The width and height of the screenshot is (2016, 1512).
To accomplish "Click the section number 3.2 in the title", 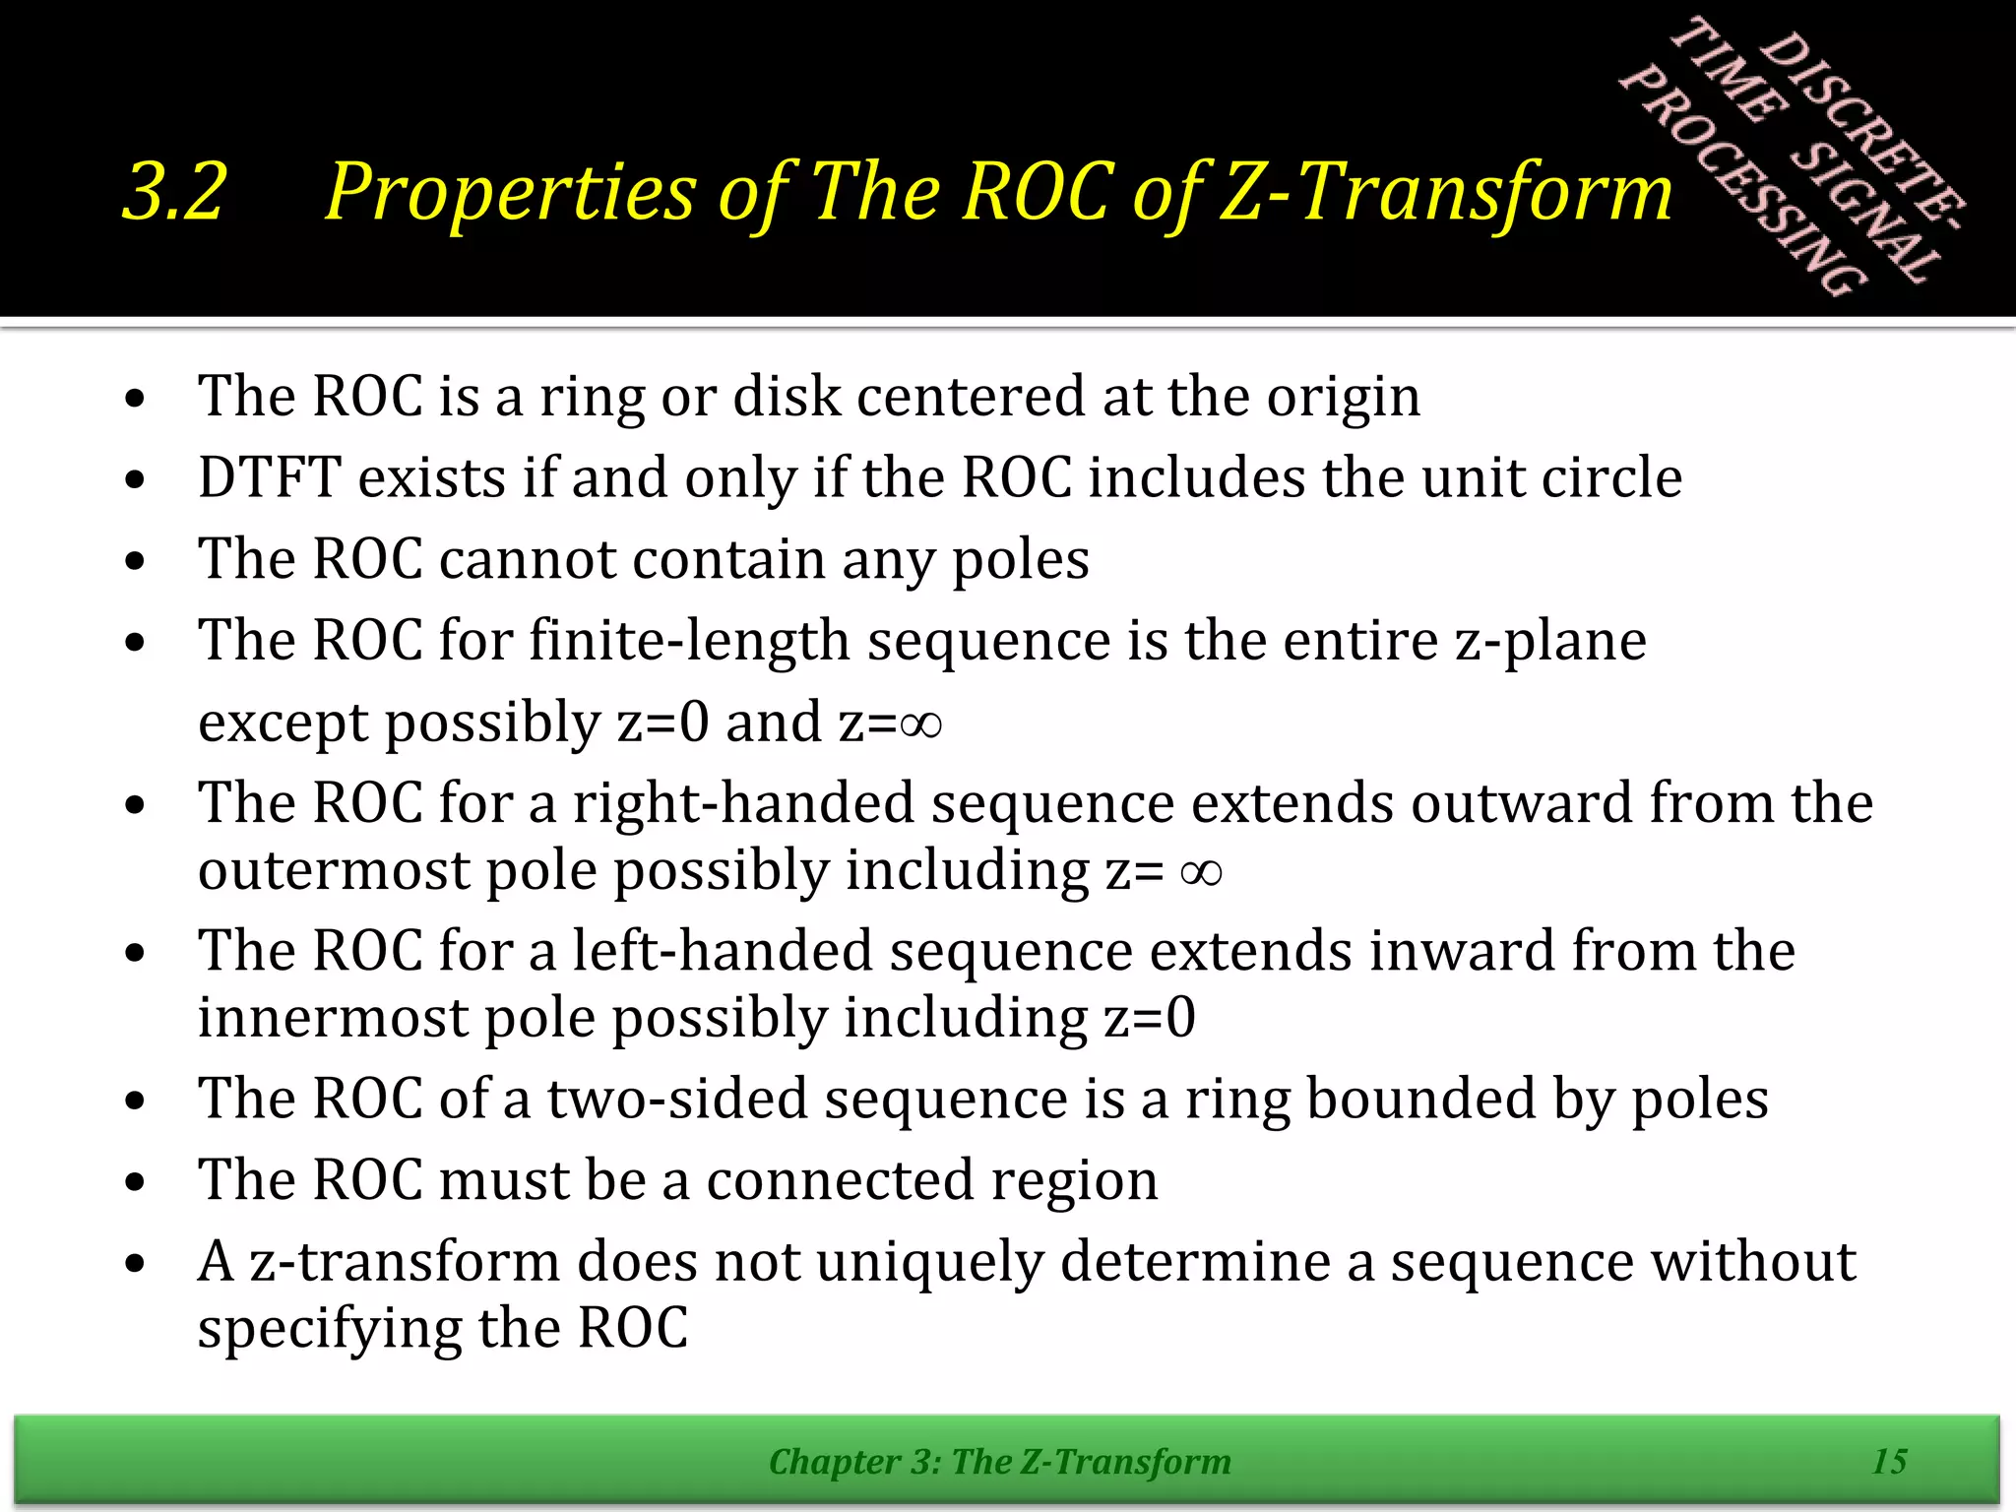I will pyautogui.click(x=174, y=192).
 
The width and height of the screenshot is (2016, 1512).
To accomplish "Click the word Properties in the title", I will pyautogui.click(x=510, y=192).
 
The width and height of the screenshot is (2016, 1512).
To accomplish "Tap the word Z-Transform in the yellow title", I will pyautogui.click(x=1445, y=192).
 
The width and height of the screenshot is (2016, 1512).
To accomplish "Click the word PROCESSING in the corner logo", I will pyautogui.click(x=1742, y=182).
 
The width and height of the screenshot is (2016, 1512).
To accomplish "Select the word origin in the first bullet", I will pyautogui.click(x=1343, y=397).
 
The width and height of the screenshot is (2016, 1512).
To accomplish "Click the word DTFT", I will pyautogui.click(x=269, y=478).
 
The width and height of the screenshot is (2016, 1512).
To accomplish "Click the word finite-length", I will pyautogui.click(x=689, y=641).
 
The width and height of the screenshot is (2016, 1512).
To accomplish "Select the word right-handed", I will pyautogui.click(x=743, y=803).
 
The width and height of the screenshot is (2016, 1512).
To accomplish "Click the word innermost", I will pyautogui.click(x=333, y=1018).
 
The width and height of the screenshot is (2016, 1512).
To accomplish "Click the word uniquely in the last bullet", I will pyautogui.click(x=928, y=1262).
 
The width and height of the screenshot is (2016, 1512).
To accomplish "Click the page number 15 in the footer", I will pyautogui.click(x=1889, y=1462).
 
